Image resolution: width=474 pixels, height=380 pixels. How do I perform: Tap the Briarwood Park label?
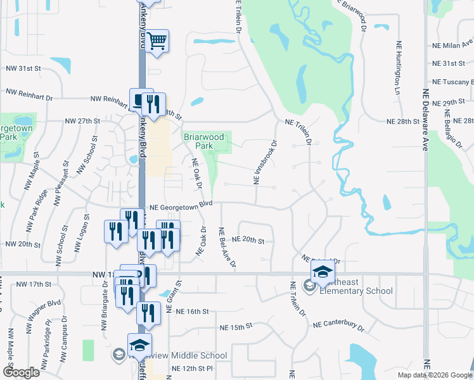204,141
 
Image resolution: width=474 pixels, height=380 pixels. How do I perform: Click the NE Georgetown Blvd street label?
180,206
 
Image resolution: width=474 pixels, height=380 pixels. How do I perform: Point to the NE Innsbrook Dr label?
266,163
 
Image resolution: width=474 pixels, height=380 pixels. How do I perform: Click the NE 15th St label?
236,326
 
